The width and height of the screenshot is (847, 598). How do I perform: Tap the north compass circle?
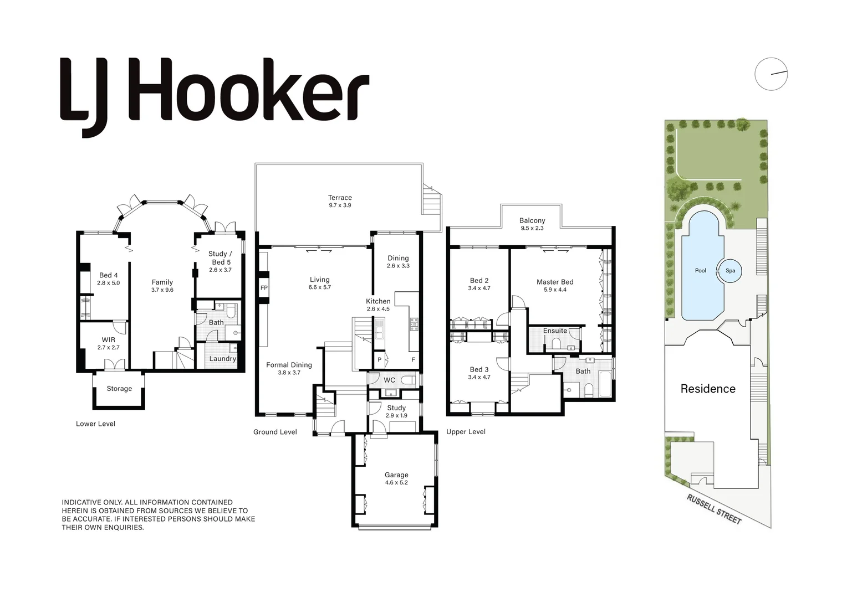click(771, 74)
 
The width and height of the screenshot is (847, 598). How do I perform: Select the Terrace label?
click(340, 198)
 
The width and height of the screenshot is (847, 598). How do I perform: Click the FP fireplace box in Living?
click(264, 288)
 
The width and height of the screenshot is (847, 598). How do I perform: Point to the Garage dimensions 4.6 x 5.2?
click(396, 483)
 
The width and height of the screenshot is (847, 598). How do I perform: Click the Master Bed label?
click(555, 282)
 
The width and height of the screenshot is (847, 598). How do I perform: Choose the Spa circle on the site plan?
click(730, 271)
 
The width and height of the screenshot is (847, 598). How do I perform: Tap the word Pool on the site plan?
click(701, 271)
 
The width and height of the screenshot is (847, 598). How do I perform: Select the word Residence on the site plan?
click(708, 389)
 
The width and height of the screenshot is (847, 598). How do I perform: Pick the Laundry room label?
click(223, 359)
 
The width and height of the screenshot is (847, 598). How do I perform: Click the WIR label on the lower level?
click(109, 340)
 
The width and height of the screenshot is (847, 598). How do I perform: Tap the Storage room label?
click(119, 389)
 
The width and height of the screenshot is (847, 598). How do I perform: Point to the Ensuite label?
click(555, 331)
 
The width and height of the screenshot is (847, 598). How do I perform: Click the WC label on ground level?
click(389, 380)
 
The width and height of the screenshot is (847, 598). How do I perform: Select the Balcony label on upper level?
click(532, 220)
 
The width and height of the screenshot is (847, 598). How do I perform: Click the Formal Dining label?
click(289, 365)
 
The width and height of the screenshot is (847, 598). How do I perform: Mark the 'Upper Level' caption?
click(466, 432)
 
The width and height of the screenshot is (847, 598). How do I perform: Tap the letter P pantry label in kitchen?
click(380, 360)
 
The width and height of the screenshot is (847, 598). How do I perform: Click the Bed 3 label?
click(479, 369)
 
